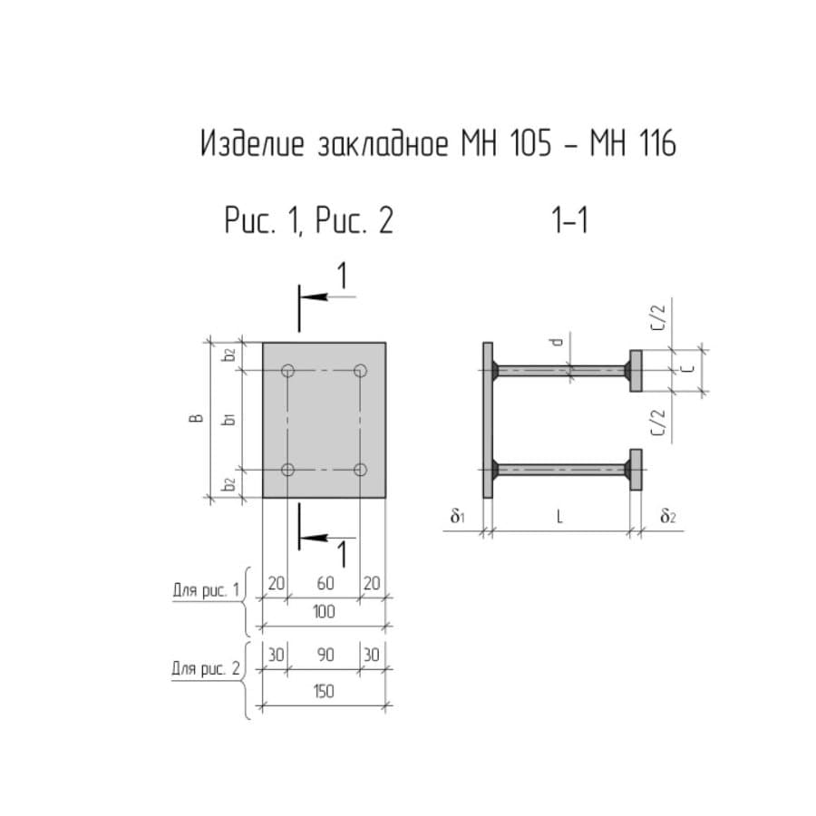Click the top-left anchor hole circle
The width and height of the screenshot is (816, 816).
[x=287, y=371]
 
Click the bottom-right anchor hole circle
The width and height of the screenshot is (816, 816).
[x=360, y=470]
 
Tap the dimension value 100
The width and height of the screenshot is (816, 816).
[x=324, y=611]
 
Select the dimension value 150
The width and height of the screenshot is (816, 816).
[x=324, y=692]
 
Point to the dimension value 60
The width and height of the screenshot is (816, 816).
[x=325, y=583]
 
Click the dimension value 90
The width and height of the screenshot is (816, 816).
[x=325, y=655]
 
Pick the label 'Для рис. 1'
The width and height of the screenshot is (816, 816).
[x=206, y=590]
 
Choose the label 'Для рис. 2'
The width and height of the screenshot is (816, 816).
[x=206, y=668]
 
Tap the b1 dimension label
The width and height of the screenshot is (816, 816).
[x=228, y=418]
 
